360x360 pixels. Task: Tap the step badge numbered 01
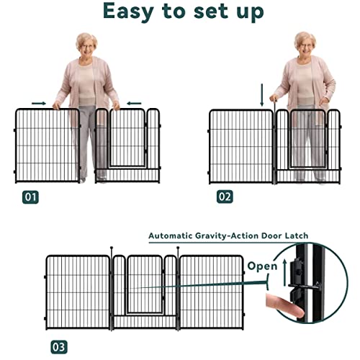pyautogui.click(x=30, y=197)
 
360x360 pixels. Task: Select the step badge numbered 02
pyautogui.click(x=225, y=197)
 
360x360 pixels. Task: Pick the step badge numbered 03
pyautogui.click(x=59, y=347)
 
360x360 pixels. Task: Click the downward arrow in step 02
pyautogui.click(x=262, y=95)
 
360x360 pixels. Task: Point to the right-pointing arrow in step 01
pyautogui.click(x=39, y=104)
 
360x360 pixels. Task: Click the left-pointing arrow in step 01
pyautogui.click(x=134, y=104)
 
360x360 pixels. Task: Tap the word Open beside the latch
pyautogui.click(x=262, y=266)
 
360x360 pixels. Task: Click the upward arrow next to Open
pyautogui.click(x=284, y=273)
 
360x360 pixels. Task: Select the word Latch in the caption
pyautogui.click(x=297, y=235)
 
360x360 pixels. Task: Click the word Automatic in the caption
pyautogui.click(x=171, y=236)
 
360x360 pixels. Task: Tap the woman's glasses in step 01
pyautogui.click(x=87, y=47)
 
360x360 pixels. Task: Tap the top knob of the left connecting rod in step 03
pyautogui.click(x=112, y=248)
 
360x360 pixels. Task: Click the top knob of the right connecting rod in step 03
pyautogui.click(x=178, y=248)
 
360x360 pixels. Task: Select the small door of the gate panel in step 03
pyautogui.click(x=145, y=285)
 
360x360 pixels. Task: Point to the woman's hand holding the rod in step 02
pyautogui.click(x=274, y=99)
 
